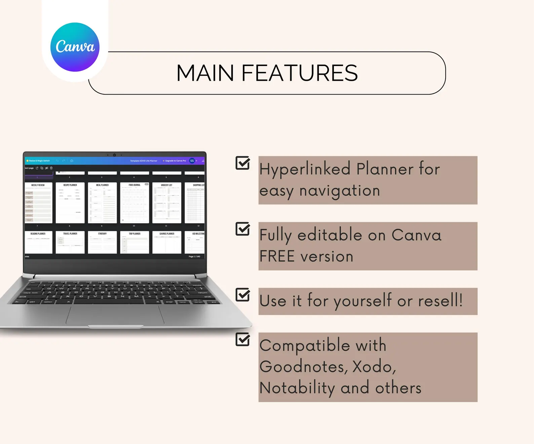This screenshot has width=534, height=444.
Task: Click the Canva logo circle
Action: coord(75,47)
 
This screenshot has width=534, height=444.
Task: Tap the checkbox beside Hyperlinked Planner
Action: coord(242,163)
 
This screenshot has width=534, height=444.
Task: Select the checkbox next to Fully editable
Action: coord(242,229)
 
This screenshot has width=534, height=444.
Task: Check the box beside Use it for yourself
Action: coord(242,295)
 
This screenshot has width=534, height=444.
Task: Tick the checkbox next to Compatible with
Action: coord(242,339)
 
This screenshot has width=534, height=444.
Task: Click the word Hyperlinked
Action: coord(305,169)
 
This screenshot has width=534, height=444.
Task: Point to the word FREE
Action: coord(277,257)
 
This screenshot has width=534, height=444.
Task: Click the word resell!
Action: coord(440,300)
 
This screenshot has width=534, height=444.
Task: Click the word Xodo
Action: coord(374,367)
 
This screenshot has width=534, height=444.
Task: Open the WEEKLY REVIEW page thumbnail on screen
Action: coord(38,203)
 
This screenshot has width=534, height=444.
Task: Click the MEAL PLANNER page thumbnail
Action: coord(102,203)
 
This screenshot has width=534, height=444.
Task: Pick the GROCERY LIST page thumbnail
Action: coord(166,203)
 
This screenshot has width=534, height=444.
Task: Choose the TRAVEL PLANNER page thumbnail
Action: coord(70,242)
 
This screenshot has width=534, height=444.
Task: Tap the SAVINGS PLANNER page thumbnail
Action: coord(166,242)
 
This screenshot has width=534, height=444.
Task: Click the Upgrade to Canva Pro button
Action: coord(175,161)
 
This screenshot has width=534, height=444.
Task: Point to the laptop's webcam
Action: coord(114,155)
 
